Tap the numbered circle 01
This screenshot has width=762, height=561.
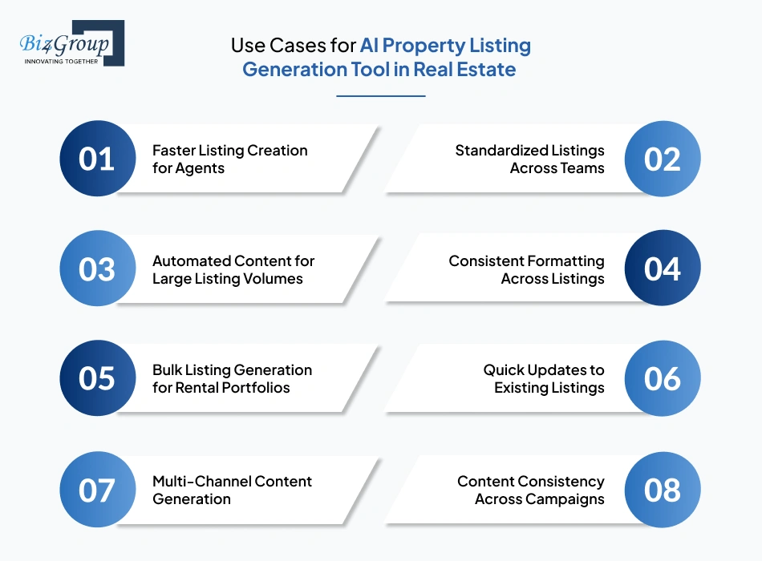pyautogui.click(x=98, y=159)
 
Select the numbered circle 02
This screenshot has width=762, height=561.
pyautogui.click(x=662, y=159)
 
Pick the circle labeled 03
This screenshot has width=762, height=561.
pyautogui.click(x=98, y=269)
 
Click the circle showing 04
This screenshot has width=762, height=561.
pyautogui.click(x=662, y=269)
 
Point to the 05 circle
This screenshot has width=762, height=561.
pyautogui.click(x=98, y=378)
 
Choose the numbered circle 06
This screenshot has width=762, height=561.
pyautogui.click(x=662, y=378)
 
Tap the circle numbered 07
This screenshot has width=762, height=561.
pyautogui.click(x=98, y=490)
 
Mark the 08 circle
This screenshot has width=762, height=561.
pyautogui.click(x=662, y=490)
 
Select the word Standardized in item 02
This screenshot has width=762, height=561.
pyautogui.click(x=501, y=151)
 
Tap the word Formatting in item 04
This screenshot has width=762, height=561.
pyautogui.click(x=566, y=261)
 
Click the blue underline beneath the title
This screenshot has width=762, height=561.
pyautogui.click(x=380, y=96)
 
